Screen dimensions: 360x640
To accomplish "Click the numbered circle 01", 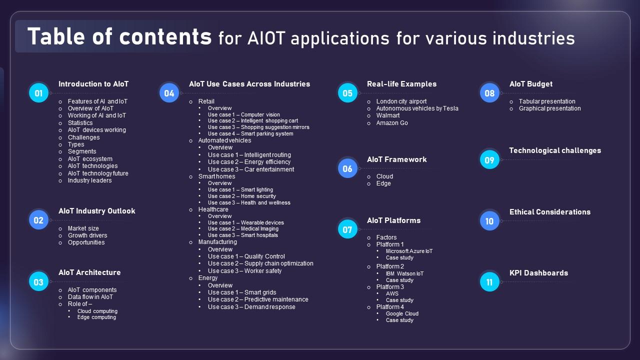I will click(39, 92).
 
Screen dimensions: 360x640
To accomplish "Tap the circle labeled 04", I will click(169, 92).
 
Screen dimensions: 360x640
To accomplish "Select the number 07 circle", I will click(347, 229).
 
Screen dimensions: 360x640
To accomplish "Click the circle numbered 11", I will click(489, 282).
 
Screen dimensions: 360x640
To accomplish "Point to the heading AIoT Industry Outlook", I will click(96, 211).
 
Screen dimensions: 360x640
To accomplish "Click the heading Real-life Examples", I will click(401, 84).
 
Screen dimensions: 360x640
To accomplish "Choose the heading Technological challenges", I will click(555, 150).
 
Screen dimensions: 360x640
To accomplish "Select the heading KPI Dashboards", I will click(538, 273).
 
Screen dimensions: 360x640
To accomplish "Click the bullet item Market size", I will click(83, 228).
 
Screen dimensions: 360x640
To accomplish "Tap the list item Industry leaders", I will click(90, 180).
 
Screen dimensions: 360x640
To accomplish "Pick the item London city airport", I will click(401, 101).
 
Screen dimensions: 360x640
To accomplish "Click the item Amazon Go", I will click(392, 123).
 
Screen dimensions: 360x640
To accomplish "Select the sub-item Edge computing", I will click(96, 317).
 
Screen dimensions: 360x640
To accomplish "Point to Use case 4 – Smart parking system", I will click(250, 133).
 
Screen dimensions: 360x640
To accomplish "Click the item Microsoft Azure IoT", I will click(409, 251).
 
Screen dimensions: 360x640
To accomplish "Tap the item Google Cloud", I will click(402, 313).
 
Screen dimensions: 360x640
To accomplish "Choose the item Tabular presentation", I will click(547, 101).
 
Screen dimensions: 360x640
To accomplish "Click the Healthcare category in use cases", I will click(213, 209).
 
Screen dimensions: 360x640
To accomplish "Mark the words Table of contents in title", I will click(119, 37).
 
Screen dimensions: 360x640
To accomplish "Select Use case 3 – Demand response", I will click(251, 307).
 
